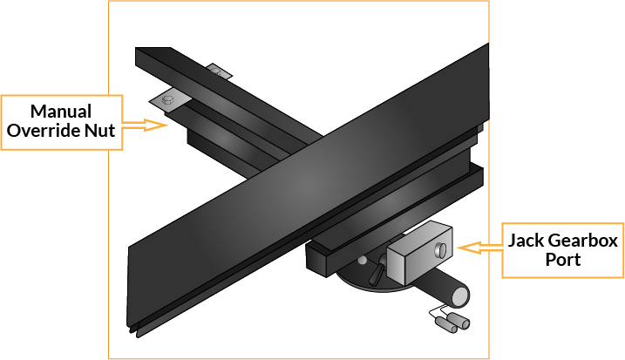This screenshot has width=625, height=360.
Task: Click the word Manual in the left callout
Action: [61, 112]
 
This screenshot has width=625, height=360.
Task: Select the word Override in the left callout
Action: [43, 131]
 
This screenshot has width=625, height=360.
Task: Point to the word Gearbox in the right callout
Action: [583, 241]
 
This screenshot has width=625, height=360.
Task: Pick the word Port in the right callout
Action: [563, 260]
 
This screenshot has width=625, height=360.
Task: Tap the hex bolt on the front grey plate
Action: [168, 99]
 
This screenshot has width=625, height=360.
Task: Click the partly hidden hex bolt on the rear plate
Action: [216, 71]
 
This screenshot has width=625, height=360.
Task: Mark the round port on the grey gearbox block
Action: [440, 249]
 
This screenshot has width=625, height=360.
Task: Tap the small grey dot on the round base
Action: [362, 261]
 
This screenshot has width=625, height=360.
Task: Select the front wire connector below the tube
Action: [446, 325]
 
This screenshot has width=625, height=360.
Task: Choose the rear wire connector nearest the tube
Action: [459, 321]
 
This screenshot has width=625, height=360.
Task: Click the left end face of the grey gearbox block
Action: [396, 265]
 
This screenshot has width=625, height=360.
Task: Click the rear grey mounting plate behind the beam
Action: [219, 71]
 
